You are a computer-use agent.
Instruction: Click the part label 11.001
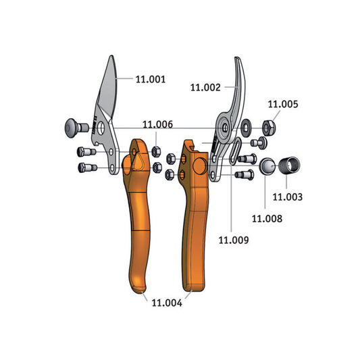pos(151,80)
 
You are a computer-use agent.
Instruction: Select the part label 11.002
pos(205,88)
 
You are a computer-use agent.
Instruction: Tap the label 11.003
pos(288,197)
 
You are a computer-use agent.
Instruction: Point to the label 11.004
pos(167,303)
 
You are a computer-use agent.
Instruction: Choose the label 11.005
pos(283,104)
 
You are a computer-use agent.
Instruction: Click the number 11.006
pos(158,124)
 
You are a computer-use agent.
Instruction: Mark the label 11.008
pos(267,219)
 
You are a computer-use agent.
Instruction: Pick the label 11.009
pos(234,240)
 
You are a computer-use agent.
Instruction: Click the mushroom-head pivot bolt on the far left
pos(76,128)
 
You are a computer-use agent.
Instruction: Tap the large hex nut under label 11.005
pos(269,128)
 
